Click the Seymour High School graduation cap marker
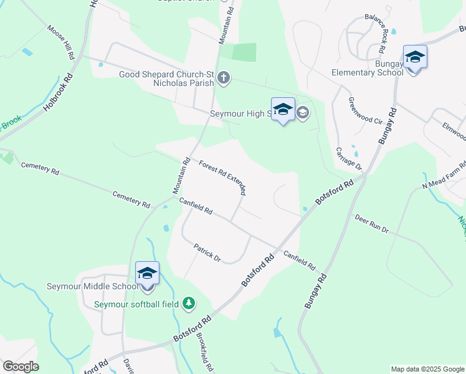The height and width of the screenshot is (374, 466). click(x=283, y=110)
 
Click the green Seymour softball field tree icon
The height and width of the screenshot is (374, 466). click(x=188, y=304)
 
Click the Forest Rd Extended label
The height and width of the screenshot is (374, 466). click(x=222, y=178)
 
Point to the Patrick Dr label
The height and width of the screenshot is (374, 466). click(x=207, y=252)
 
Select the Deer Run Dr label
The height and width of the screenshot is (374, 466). click(x=372, y=225)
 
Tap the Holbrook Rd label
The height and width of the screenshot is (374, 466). click(x=58, y=93)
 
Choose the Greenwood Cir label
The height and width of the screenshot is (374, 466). click(x=359, y=111)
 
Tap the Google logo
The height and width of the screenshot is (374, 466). click(x=21, y=367)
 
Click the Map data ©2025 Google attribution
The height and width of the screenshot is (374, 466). click(x=427, y=369)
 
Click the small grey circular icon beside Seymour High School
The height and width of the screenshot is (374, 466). click(x=303, y=113)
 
